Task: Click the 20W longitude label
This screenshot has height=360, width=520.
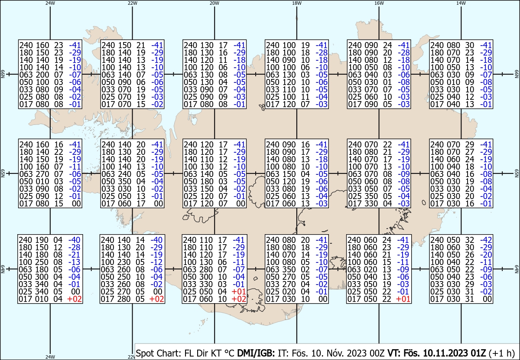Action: tap(214, 3)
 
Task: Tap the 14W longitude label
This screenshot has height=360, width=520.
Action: tap(461, 3)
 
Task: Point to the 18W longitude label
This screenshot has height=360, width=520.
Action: tap(297, 3)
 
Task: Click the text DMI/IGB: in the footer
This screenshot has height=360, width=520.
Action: tap(256, 353)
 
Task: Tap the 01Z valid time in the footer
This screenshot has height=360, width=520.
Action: tap(478, 353)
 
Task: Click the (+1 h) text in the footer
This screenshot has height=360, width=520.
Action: tap(501, 353)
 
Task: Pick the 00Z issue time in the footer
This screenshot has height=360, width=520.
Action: tap(378, 353)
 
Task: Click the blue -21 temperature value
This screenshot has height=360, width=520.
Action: tap(74, 255)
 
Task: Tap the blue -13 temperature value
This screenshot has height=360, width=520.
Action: tap(74, 262)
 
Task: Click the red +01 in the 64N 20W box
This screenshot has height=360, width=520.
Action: tap(239, 291)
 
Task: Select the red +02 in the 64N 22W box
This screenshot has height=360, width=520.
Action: tap(157, 299)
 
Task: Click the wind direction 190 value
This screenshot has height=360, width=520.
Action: tap(42, 240)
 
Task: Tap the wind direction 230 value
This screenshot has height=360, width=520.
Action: tap(124, 262)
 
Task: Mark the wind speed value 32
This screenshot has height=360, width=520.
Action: tap(469, 240)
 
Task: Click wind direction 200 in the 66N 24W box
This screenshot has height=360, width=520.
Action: tap(42, 75)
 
